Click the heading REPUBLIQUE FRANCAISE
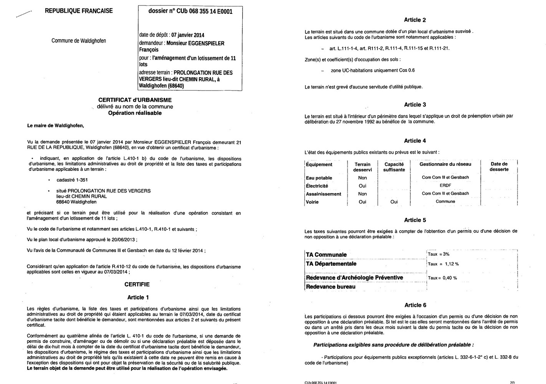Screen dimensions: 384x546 (79, 11)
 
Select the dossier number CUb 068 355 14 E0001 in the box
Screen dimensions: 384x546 (190, 11)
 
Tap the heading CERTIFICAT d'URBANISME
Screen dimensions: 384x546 (135, 100)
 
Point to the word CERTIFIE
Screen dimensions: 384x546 (137, 285)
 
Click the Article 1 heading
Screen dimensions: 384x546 (138, 298)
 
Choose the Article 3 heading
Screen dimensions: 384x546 (415, 105)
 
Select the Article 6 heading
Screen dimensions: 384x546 (415, 305)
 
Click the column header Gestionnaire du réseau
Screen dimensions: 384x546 (445, 164)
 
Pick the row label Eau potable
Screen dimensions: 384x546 (319, 178)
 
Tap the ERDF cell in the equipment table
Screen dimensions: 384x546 (445, 185)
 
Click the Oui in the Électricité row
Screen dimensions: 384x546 (362, 186)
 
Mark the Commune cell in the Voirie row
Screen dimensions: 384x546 (445, 202)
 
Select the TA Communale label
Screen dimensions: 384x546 (326, 255)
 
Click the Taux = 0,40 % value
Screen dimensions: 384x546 (442, 278)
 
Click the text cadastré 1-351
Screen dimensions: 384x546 (69, 180)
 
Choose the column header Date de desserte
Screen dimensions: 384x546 (499, 167)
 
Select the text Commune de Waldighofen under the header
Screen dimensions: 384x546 (79, 41)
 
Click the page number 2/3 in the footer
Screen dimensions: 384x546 (513, 382)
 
